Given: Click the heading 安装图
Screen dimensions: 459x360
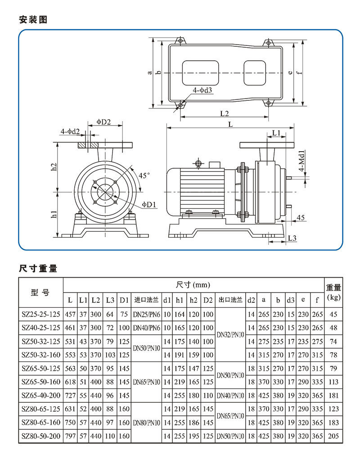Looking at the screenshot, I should click(33, 20).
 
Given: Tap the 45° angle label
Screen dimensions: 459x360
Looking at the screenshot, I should click(144, 175).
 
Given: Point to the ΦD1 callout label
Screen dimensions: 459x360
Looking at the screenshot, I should click(149, 204).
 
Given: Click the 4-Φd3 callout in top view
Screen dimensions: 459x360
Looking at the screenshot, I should click(202, 90).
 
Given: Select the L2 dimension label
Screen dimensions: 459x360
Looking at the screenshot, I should click(225, 113).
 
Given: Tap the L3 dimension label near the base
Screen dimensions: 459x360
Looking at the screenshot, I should click(292, 237).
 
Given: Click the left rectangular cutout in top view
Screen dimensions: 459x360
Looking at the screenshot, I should click(201, 72).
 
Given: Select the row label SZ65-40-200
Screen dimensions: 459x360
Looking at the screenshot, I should click(40, 396).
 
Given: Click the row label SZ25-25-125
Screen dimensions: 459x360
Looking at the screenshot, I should click(40, 314).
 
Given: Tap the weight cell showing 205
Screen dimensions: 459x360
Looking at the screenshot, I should click(333, 436).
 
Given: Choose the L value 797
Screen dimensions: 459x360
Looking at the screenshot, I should click(70, 436).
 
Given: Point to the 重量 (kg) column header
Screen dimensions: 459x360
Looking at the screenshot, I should click(333, 292).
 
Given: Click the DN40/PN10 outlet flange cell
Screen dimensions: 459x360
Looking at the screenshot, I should click(231, 396).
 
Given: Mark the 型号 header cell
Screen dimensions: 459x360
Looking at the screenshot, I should click(40, 292).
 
